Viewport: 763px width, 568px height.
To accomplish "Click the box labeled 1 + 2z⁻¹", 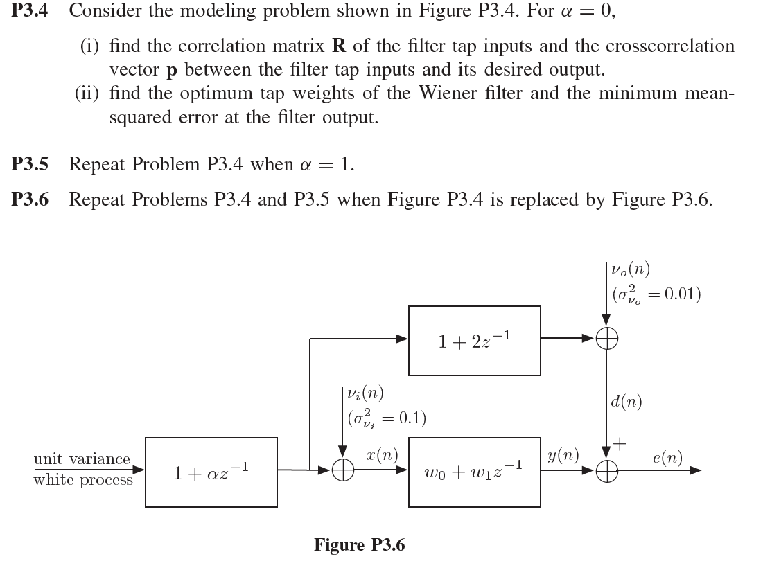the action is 474,339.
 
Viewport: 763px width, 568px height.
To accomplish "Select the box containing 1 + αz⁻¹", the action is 211,472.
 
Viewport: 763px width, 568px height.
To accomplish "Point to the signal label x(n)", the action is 380,455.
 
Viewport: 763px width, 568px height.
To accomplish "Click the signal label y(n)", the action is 562,454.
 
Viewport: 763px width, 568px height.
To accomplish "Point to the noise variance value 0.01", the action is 682,294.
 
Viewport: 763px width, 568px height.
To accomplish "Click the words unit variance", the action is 82,459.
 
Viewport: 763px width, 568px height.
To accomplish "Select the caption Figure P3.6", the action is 359,544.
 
